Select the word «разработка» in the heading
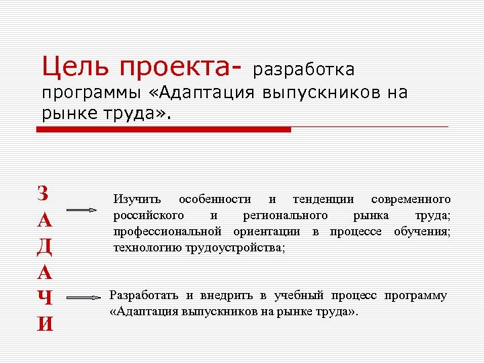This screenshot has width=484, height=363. tap(305, 70)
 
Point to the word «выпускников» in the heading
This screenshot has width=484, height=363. tap(318, 93)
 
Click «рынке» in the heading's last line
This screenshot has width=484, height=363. tap(67, 113)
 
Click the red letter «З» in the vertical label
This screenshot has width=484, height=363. tap(44, 194)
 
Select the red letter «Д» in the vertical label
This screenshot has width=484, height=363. tap(44, 246)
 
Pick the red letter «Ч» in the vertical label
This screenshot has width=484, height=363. tap(44, 297)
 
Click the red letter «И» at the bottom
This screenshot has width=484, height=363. tap(44, 323)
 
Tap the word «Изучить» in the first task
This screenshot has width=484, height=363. tap(137, 200)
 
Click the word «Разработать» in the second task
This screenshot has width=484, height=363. tap(144, 296)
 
